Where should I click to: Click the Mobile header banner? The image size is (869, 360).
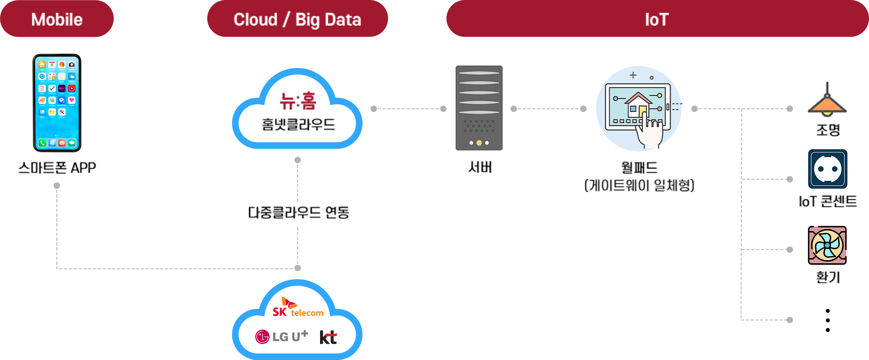[57, 19]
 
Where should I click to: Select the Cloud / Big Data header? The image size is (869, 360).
[297, 19]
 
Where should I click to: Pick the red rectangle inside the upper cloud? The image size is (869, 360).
[298, 100]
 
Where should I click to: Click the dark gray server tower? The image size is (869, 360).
[479, 108]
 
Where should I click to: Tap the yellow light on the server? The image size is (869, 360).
[479, 143]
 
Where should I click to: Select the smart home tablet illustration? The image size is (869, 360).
[639, 108]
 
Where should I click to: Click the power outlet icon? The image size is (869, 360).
[827, 169]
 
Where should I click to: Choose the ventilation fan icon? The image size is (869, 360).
[827, 245]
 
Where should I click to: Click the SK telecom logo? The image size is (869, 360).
[298, 308]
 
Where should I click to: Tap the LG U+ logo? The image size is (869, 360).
[282, 336]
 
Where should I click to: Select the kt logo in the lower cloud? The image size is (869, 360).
[328, 337]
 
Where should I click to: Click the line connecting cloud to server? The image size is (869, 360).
[408, 108]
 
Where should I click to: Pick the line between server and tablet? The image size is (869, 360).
[548, 108]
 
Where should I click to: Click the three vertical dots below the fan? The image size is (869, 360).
[827, 320]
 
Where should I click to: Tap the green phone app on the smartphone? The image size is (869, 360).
[42, 143]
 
